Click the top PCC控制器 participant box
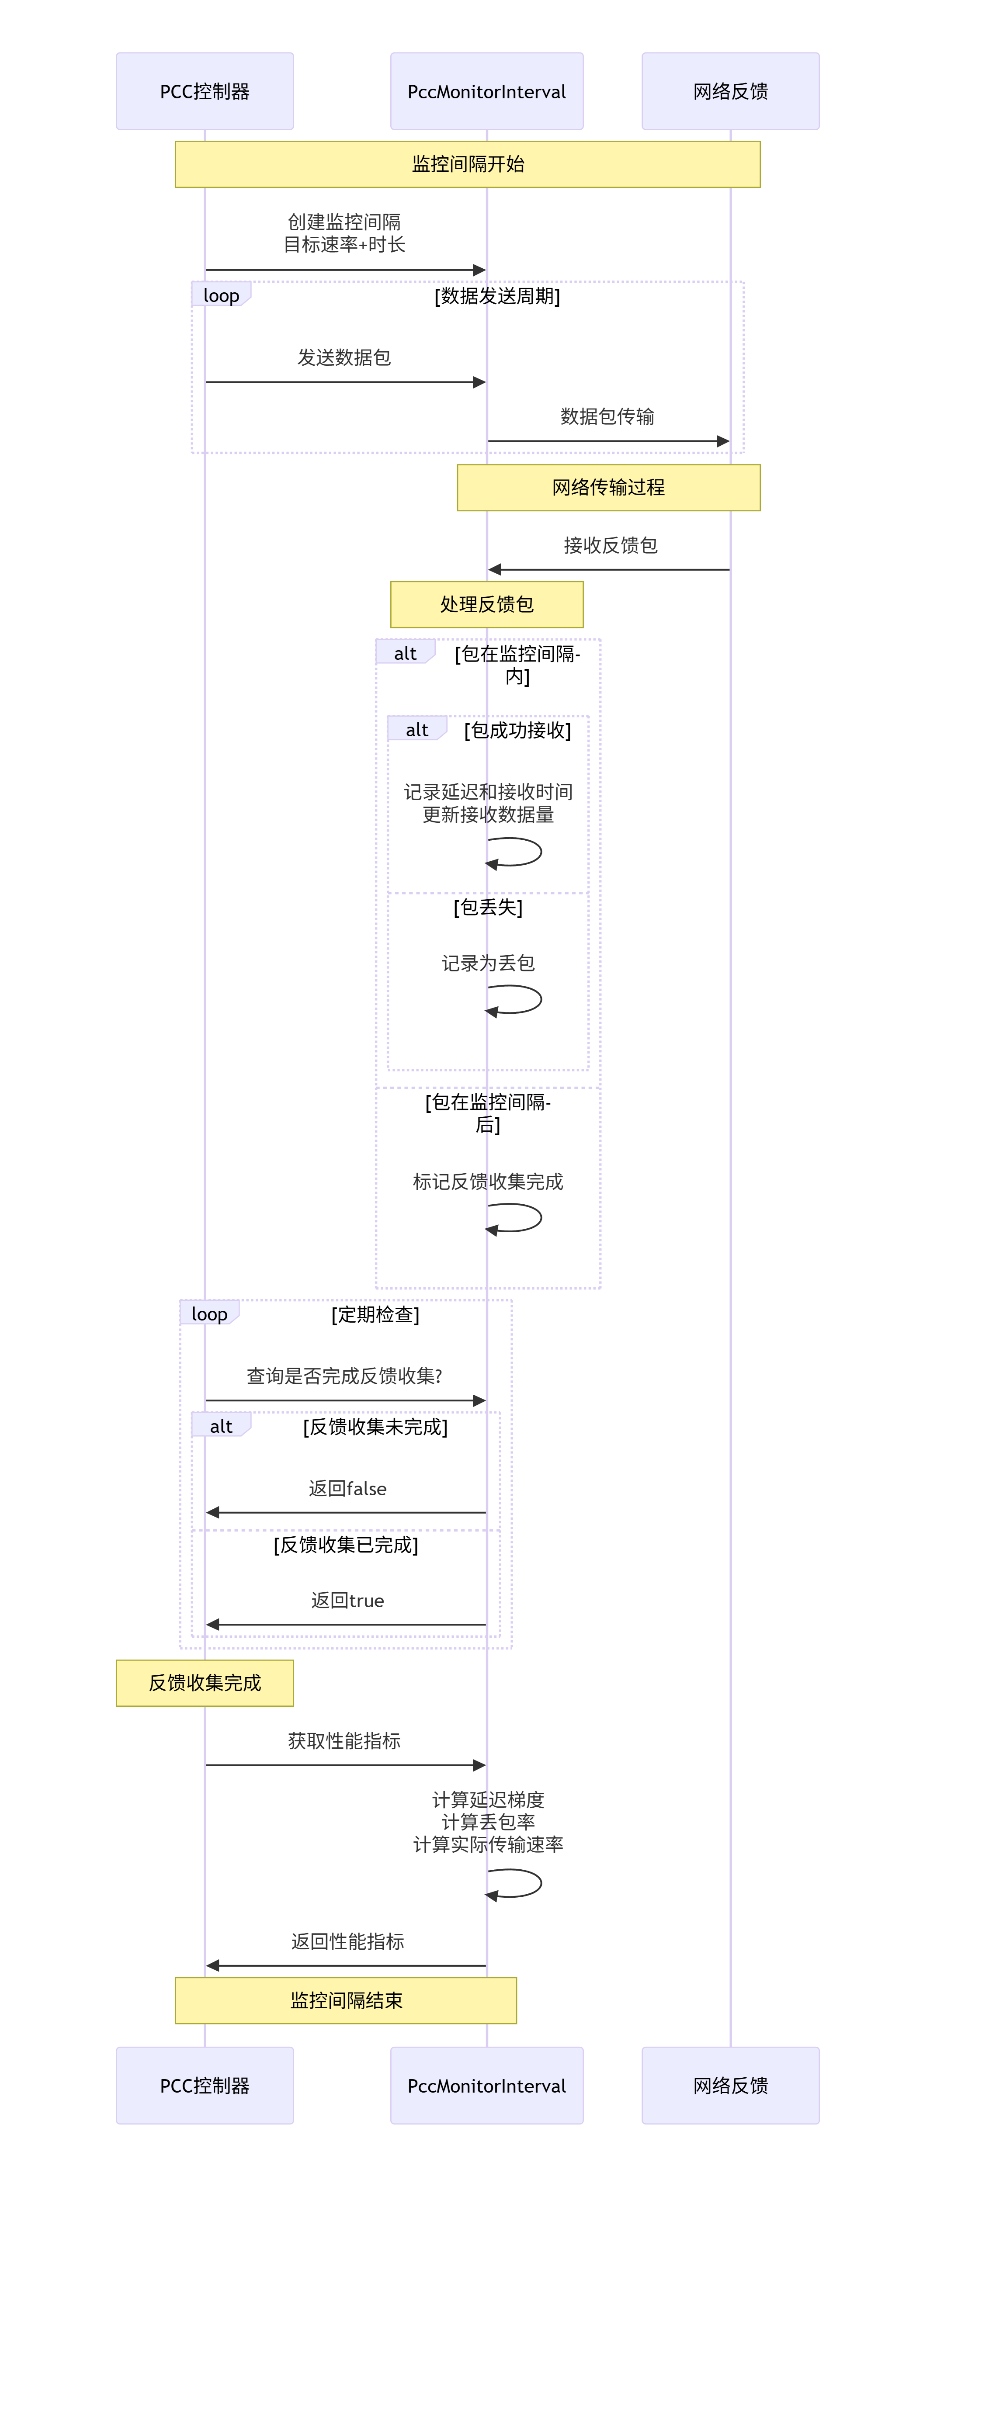tap(205, 91)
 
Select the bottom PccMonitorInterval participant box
tap(486, 2086)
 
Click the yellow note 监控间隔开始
tap(468, 164)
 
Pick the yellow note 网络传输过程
tap(608, 487)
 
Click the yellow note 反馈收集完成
tap(205, 1683)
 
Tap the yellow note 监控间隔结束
tap(346, 2000)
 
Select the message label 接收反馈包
tap(611, 546)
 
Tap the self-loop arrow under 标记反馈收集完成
tap(517, 1218)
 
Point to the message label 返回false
tap(347, 1488)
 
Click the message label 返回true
tap(347, 1600)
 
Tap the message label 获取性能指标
tap(345, 1741)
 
